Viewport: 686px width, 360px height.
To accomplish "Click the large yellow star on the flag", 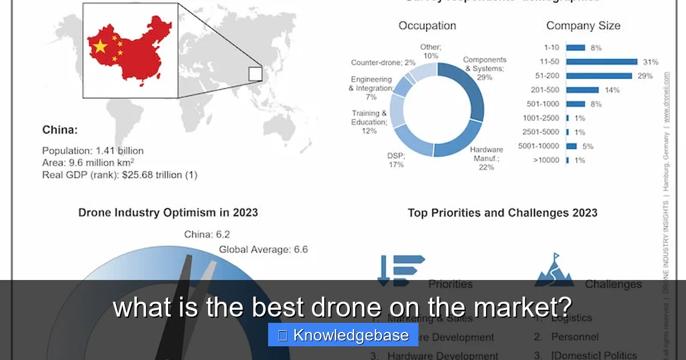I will point(100,46).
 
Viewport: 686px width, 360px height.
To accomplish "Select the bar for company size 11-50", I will point(601,62).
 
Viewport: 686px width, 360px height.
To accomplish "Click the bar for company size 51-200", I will point(599,76).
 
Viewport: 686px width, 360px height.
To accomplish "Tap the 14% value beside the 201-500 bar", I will point(612,90).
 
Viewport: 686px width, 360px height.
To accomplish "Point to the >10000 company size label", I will point(546,161).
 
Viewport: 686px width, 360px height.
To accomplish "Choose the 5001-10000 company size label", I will point(539,146).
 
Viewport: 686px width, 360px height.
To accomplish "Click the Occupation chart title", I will point(427,26).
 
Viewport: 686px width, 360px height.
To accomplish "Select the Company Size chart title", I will point(583,26).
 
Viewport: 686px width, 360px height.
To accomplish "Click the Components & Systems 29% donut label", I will point(484,69).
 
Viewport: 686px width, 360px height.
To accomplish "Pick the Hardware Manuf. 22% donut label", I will point(486,158).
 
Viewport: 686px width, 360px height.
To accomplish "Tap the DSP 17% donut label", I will point(395,160).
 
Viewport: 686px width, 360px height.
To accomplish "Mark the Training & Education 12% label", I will point(369,122).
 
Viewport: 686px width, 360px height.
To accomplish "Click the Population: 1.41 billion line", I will point(93,151).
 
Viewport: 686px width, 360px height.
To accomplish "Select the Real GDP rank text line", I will point(119,175).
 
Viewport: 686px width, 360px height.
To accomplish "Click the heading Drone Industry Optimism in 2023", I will point(168,213).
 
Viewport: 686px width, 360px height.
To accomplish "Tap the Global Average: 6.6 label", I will point(263,249).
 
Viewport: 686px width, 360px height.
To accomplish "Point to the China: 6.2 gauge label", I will point(207,234).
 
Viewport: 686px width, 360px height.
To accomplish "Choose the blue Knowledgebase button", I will point(343,335).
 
